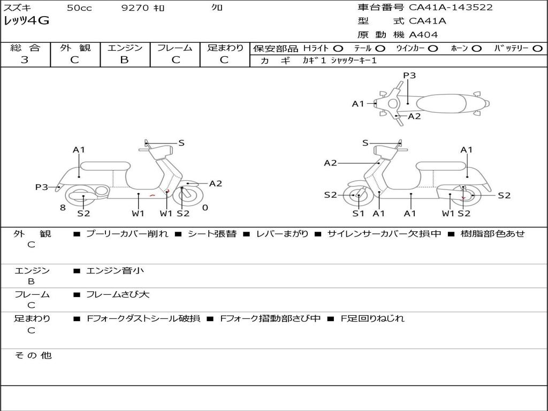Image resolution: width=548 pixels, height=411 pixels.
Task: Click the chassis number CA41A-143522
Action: pos(451,7)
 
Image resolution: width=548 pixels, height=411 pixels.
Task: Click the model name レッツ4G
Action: pos(26,21)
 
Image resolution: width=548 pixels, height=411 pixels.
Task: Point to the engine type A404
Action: pos(423,35)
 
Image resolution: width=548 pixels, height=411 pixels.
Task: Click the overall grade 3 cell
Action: pos(25,60)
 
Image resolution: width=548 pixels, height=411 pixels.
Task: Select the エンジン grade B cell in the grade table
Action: pos(125,60)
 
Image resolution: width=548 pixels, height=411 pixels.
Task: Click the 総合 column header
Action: pos(25,48)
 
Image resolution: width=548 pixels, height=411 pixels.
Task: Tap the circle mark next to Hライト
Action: pos(338,49)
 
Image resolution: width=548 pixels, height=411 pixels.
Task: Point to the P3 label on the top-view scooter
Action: pos(409,75)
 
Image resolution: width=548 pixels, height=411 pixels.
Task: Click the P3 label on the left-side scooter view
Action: pos(41,187)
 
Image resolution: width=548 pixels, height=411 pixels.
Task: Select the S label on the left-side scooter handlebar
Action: pos(181,143)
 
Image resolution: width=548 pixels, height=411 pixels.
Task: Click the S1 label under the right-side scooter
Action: pos(358,214)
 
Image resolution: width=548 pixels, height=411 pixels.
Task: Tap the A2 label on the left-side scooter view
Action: pos(215,184)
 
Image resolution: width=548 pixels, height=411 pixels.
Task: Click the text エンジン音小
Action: pos(115,271)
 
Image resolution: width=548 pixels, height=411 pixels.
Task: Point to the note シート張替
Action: pos(212,234)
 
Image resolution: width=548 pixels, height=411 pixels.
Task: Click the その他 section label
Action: pos(33,355)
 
